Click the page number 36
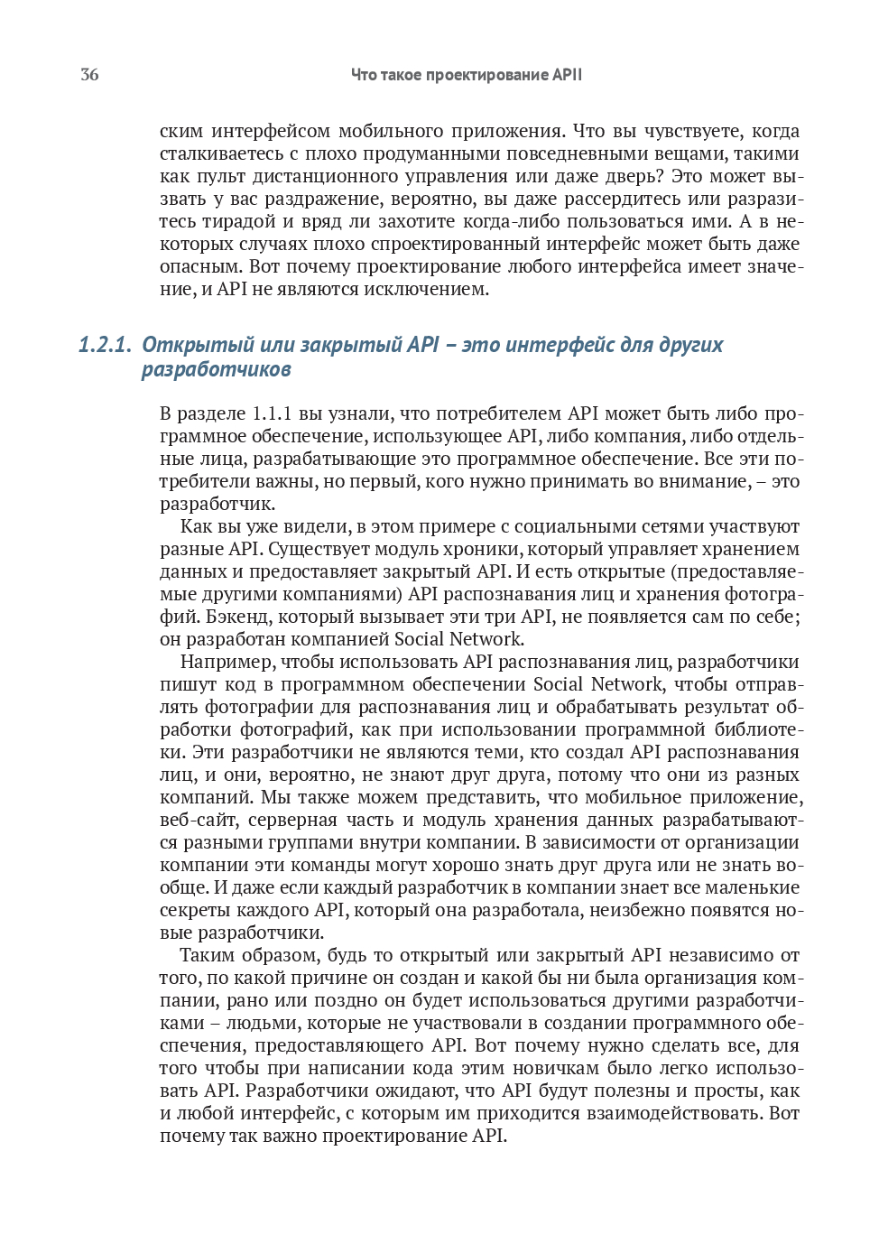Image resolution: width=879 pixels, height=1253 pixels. [x=89, y=75]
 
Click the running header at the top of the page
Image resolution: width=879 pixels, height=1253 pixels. [x=466, y=75]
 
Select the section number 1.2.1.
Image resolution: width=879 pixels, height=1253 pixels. [x=105, y=345]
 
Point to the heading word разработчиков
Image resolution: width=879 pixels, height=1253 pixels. [x=216, y=369]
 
